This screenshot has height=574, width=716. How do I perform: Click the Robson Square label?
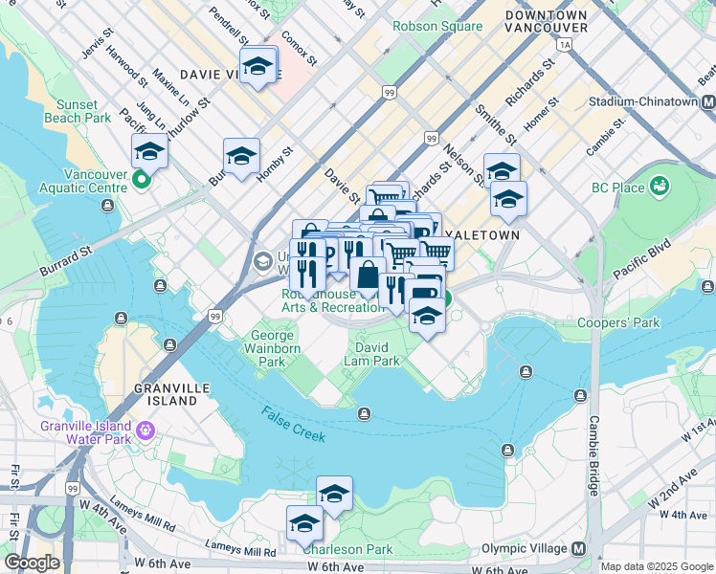pyautogui.click(x=436, y=26)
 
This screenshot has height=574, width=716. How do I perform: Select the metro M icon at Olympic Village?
pyautogui.click(x=578, y=549)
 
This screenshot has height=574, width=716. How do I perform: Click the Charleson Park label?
pyautogui.click(x=347, y=549)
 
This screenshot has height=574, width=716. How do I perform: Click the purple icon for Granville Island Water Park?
pyautogui.click(x=145, y=430)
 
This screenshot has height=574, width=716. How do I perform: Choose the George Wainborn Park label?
pyautogui.click(x=276, y=348)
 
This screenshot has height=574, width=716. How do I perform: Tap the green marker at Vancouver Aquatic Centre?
pyautogui.click(x=143, y=179)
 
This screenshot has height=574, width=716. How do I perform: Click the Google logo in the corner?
pyautogui.click(x=32, y=563)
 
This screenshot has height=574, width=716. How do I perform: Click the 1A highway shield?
pyautogui.click(x=565, y=44)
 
